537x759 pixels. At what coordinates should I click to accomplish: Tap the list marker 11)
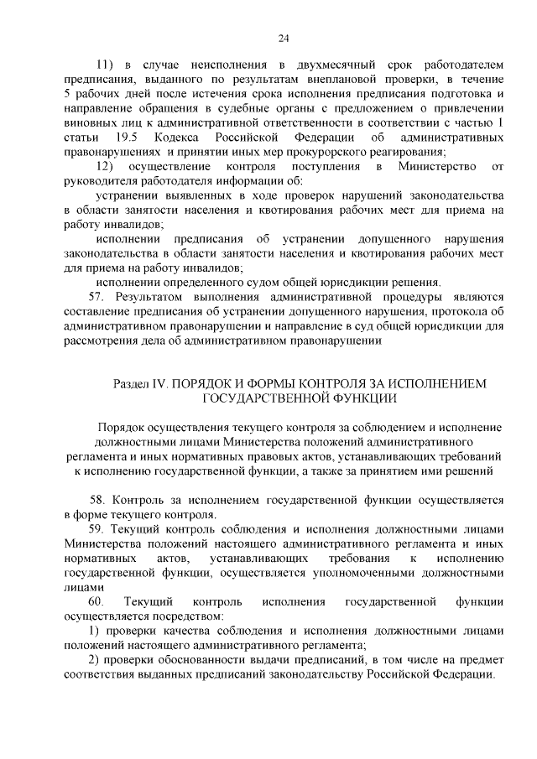coord(105,65)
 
